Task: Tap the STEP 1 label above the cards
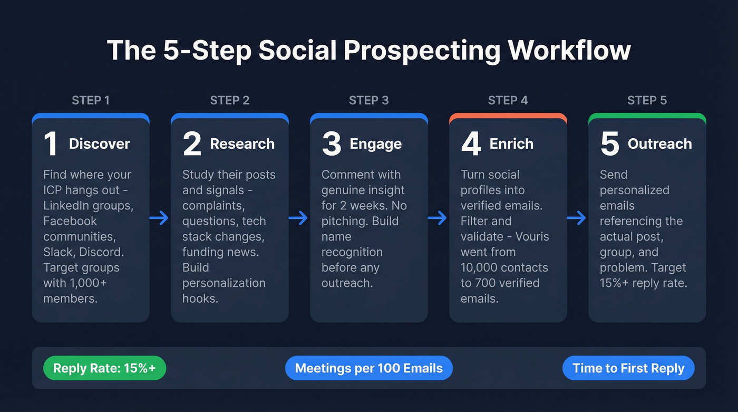[90, 100]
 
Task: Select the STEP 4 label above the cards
[508, 100]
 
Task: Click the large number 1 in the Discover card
[51, 144]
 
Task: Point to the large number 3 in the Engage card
[331, 144]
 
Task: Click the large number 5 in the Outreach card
[609, 144]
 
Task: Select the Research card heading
[242, 144]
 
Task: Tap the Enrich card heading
[511, 144]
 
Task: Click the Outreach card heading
[659, 144]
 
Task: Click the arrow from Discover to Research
[159, 218]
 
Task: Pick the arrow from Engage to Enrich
[438, 218]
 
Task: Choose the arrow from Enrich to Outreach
[577, 218]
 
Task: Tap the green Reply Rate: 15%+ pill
[104, 368]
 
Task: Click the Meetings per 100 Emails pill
[368, 368]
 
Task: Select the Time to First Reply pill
[628, 368]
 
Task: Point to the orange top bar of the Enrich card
[508, 117]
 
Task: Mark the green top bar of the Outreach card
[647, 117]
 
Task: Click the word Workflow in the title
[569, 51]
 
